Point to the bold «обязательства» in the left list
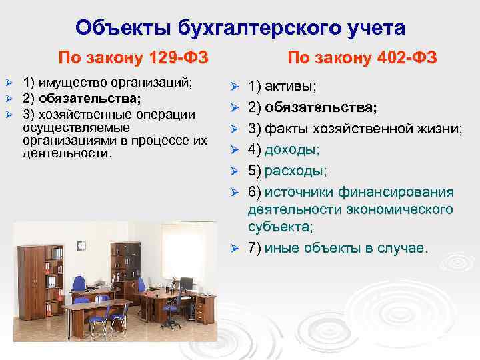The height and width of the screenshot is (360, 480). click(x=93, y=99)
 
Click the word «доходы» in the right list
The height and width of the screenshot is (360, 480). click(x=292, y=150)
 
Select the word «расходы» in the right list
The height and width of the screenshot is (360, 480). click(x=295, y=171)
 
